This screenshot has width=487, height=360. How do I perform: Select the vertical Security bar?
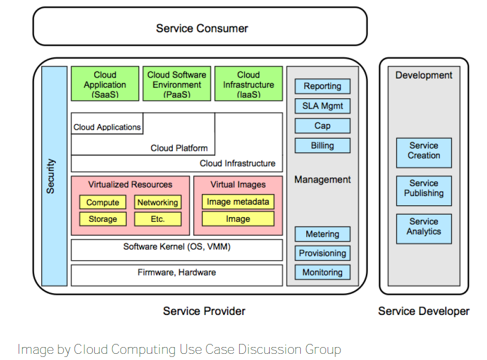tap(54, 176)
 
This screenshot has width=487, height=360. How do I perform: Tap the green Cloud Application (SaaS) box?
tap(105, 83)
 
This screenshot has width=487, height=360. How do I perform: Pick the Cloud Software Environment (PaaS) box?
tap(176, 83)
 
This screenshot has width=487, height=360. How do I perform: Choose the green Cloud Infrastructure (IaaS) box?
tap(248, 83)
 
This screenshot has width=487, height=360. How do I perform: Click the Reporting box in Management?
tap(322, 86)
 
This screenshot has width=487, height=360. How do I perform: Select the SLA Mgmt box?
tap(322, 107)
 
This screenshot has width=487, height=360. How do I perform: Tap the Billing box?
tap(322, 145)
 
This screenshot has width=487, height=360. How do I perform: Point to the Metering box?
tap(322, 234)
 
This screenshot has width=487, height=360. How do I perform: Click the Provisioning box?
tap(322, 253)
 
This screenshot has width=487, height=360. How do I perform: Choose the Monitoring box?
tap(322, 273)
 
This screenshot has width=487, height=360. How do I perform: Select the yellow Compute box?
tap(102, 202)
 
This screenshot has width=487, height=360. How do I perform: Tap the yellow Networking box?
tap(158, 202)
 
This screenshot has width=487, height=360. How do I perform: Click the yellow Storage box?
tap(102, 219)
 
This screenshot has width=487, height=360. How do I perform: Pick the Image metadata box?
tap(238, 202)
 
